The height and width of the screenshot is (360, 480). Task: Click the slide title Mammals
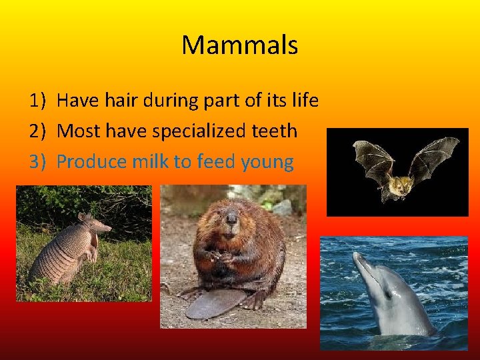[239, 45]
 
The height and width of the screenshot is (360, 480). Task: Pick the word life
[304, 101]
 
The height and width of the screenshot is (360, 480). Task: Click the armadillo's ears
[84, 218]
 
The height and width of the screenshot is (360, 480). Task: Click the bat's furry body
[401, 187]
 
